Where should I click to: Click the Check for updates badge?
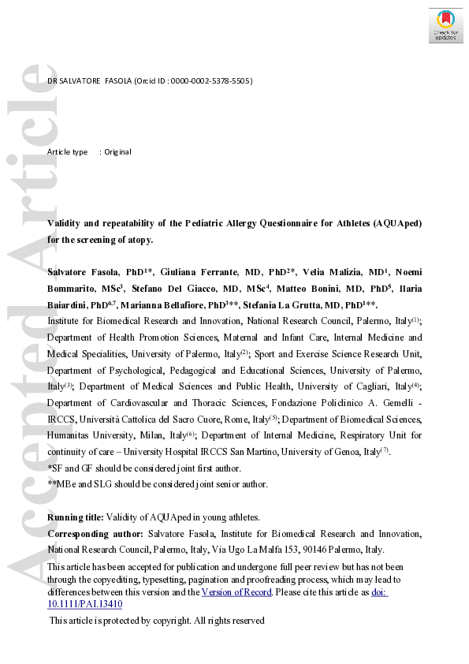pos(445,25)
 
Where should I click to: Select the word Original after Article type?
pos(118,151)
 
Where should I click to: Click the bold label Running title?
pos(76,517)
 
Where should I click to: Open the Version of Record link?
pos(236,592)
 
